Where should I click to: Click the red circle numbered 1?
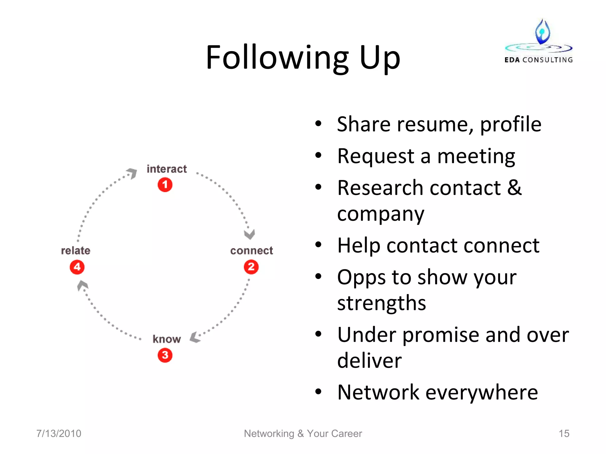pyautogui.click(x=165, y=185)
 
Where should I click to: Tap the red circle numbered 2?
pyautogui.click(x=251, y=267)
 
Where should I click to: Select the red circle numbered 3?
pyautogui.click(x=165, y=355)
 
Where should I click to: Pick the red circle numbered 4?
pyautogui.click(x=77, y=267)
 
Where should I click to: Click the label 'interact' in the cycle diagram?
pyautogui.click(x=167, y=169)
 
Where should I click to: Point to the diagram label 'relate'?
pyautogui.click(x=75, y=251)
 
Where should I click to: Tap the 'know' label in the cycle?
pyautogui.click(x=167, y=339)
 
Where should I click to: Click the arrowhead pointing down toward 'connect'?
pyautogui.click(x=249, y=234)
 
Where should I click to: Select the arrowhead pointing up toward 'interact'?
pyautogui.click(x=132, y=173)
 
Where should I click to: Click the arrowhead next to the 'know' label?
pyautogui.click(x=195, y=337)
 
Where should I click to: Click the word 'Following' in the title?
pyautogui.click(x=277, y=58)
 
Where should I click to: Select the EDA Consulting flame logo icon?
pyautogui.click(x=542, y=32)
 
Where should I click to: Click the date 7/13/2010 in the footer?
pyautogui.click(x=59, y=433)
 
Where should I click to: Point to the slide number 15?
pyautogui.click(x=564, y=433)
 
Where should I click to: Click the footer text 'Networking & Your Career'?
pyautogui.click(x=303, y=433)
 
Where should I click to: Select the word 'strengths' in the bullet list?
pyautogui.click(x=381, y=303)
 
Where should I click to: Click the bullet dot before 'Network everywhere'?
pyautogui.click(x=318, y=392)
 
